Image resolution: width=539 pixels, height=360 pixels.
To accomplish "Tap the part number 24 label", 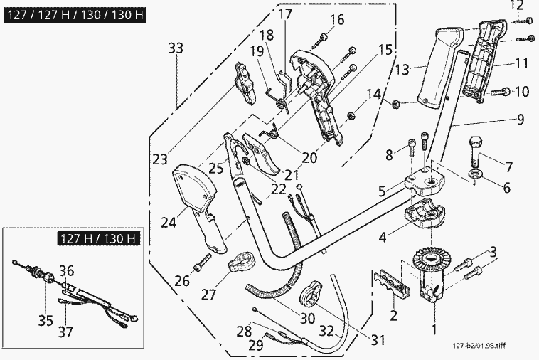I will point(168,223).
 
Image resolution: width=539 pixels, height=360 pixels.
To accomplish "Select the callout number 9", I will point(521,120).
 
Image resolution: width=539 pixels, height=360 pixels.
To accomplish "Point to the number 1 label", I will point(435,330).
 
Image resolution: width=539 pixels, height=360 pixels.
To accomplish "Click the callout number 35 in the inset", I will point(46,320).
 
